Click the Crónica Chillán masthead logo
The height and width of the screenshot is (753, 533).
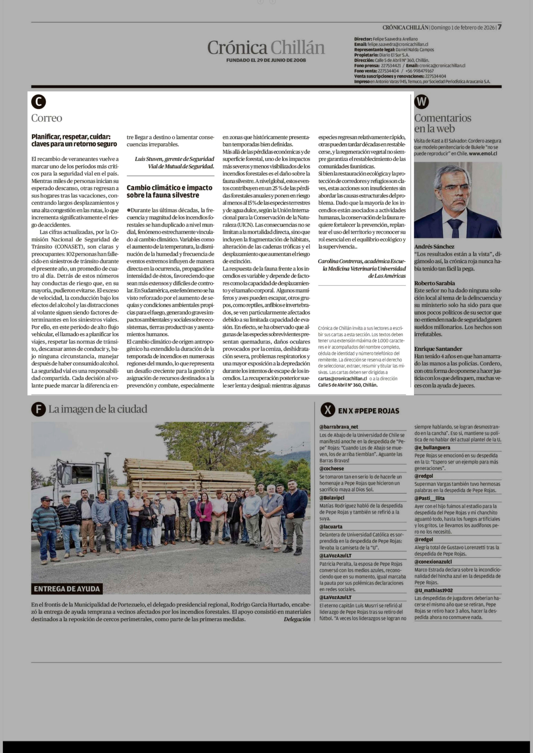[266, 48]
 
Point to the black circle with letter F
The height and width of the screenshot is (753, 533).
[38, 409]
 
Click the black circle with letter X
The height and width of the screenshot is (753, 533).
[328, 410]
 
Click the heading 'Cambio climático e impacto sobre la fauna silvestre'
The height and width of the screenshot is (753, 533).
[169, 191]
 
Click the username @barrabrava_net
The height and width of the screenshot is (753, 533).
[339, 427]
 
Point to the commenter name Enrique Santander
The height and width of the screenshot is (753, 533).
[438, 349]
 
